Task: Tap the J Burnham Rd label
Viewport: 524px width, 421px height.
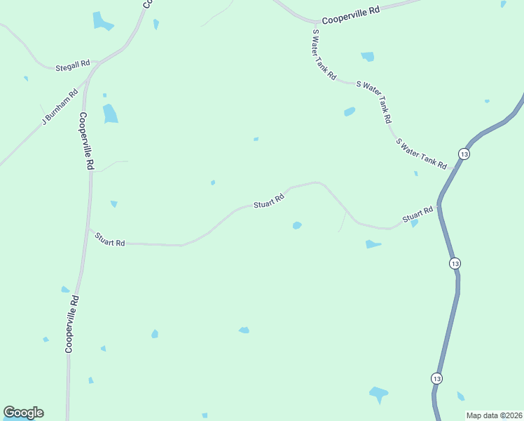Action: (x=59, y=107)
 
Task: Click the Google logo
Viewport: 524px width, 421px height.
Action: (x=23, y=413)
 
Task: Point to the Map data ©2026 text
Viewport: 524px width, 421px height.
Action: (x=493, y=415)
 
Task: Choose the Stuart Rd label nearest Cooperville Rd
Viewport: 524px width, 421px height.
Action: (x=110, y=239)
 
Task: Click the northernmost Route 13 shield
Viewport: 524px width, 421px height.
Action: (x=464, y=154)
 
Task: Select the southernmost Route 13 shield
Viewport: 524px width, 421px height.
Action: (x=437, y=378)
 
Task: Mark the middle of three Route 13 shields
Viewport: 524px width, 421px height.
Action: (x=455, y=263)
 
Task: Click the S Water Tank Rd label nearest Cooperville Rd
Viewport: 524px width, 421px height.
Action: (x=324, y=55)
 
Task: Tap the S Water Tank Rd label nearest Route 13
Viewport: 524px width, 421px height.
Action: (x=421, y=154)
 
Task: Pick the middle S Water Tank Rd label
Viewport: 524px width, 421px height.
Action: (x=373, y=102)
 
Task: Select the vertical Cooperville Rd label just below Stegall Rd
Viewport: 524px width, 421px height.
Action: (x=86, y=141)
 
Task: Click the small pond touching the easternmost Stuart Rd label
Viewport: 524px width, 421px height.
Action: (x=414, y=223)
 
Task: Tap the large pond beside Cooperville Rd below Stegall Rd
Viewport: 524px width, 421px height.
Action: (x=110, y=113)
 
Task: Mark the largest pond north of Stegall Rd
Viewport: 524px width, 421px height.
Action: (x=102, y=21)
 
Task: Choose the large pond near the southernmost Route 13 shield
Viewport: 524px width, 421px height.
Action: (x=378, y=394)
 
